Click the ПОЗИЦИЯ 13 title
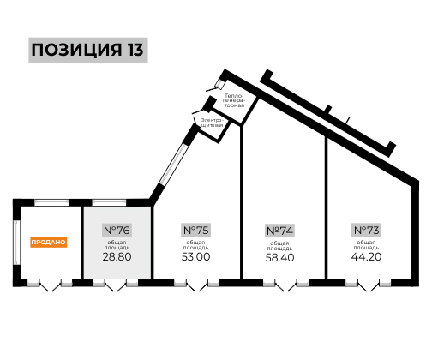click(x=88, y=50)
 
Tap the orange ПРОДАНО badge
click(x=48, y=242)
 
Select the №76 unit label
click(x=117, y=230)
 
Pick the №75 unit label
click(x=195, y=230)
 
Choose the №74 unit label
click(x=279, y=231)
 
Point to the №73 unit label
click(x=366, y=230)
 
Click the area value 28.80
click(x=117, y=256)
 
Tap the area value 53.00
click(x=195, y=256)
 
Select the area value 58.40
click(x=279, y=257)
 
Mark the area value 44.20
click(x=366, y=256)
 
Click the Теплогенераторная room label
click(x=234, y=100)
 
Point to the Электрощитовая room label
click(x=212, y=123)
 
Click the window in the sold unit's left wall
click(x=16, y=243)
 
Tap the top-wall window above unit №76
click(x=109, y=202)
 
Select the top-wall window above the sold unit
click(x=51, y=202)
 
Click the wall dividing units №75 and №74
click(x=241, y=201)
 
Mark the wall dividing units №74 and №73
click(x=326, y=207)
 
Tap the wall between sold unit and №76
click(x=81, y=243)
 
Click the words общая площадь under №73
click(x=366, y=245)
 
